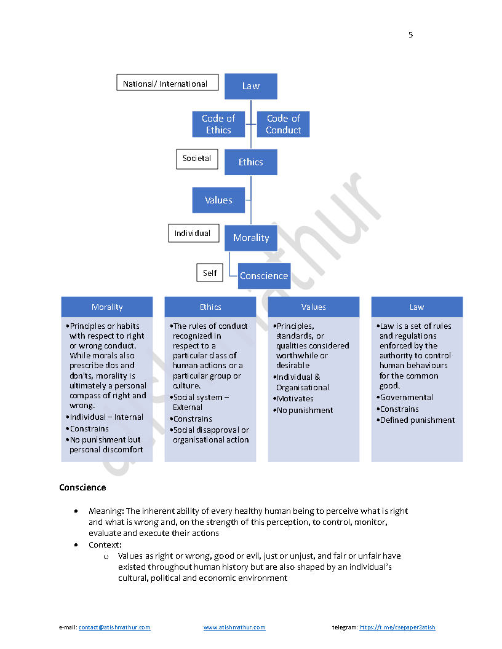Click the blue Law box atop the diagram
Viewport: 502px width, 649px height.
coord(250,86)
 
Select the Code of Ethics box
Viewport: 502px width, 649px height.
coord(218,124)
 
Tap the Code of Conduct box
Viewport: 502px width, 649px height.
coord(283,124)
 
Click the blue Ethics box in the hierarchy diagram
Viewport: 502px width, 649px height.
coord(250,162)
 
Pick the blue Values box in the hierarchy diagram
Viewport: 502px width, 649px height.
coord(218,200)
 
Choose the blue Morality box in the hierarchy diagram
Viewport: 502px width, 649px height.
coord(250,238)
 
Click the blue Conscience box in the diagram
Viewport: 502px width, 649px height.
coord(264,276)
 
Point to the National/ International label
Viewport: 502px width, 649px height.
coord(167,83)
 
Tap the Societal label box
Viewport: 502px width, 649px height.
coord(197,159)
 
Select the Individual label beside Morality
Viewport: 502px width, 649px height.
coord(192,234)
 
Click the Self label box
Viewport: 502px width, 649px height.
coord(210,273)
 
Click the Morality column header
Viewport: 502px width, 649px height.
coord(107,307)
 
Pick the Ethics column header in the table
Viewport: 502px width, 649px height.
coord(210,307)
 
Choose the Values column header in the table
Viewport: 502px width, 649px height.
coord(314,307)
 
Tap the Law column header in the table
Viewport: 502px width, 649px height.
coord(417,307)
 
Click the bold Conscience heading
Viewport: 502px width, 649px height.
coord(82,487)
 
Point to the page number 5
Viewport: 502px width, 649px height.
coord(411,34)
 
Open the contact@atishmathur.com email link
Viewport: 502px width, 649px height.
coord(114,627)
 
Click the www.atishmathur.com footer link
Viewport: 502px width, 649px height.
coord(234,627)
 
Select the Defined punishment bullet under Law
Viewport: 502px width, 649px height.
coord(417,420)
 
